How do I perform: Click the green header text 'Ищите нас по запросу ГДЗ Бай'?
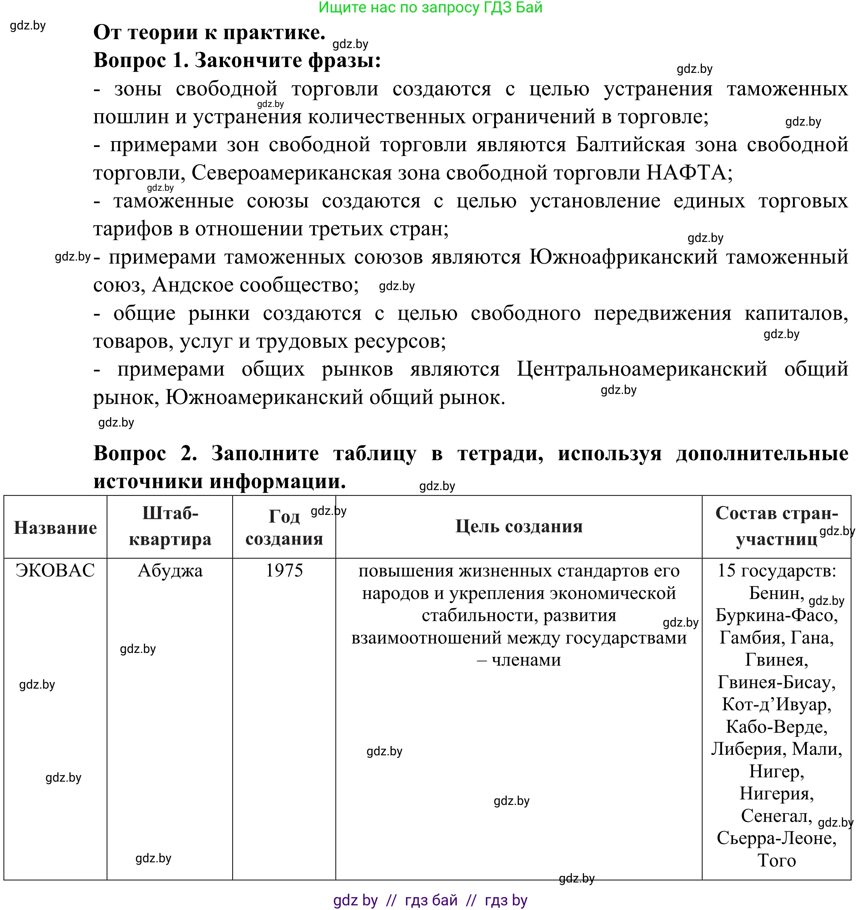(430, 8)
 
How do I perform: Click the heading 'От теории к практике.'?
(209, 33)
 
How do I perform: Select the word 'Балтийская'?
(630, 145)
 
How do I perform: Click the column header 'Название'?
(55, 528)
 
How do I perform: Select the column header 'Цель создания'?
(518, 527)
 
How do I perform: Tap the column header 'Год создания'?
(284, 527)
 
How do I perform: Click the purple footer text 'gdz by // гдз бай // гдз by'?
(430, 900)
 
